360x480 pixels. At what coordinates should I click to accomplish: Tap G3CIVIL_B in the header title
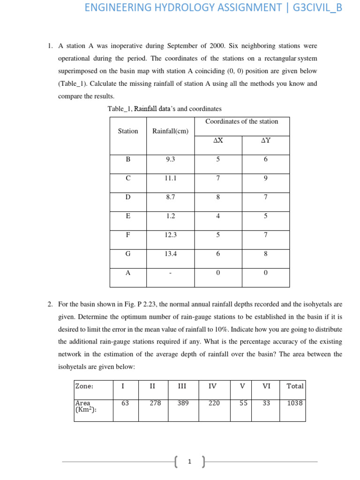click(317, 7)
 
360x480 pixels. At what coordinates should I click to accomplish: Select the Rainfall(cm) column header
click(170, 131)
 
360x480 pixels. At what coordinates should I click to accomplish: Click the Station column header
click(128, 131)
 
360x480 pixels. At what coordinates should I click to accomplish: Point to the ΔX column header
click(218, 140)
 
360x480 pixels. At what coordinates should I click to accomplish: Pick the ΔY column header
click(265, 140)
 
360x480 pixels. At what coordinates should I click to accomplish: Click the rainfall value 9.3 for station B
click(170, 159)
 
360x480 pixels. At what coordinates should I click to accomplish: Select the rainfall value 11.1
click(170, 178)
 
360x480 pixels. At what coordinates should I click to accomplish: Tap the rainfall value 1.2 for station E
click(170, 216)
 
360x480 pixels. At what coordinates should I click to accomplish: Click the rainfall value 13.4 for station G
click(170, 254)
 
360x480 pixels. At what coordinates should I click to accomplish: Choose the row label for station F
click(128, 235)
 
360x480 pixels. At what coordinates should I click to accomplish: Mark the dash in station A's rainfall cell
click(170, 273)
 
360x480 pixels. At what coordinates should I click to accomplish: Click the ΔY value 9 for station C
click(265, 178)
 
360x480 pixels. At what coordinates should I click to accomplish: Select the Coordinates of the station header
click(241, 121)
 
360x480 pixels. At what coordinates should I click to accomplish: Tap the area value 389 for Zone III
click(182, 403)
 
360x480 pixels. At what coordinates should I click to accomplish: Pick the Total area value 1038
click(295, 403)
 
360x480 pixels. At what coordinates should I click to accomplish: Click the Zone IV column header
click(212, 386)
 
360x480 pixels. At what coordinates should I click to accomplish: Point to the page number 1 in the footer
click(189, 462)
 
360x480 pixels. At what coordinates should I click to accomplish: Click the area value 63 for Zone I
click(125, 403)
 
